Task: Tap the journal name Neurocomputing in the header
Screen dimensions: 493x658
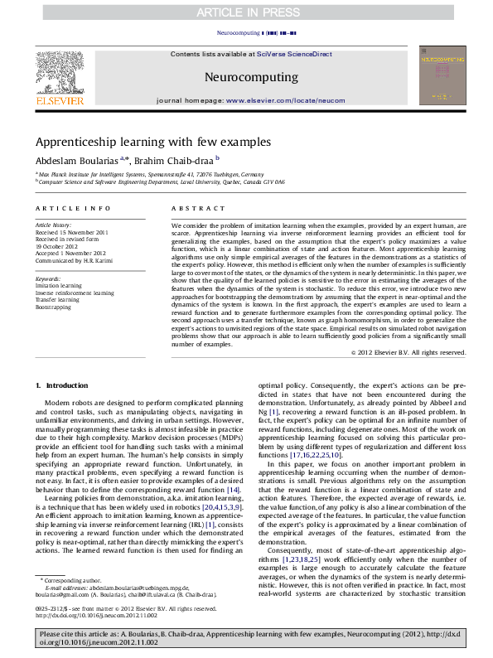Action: tap(246, 77)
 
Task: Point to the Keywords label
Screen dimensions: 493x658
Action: tap(49, 279)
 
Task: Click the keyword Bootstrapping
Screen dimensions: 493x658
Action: tap(53, 306)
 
